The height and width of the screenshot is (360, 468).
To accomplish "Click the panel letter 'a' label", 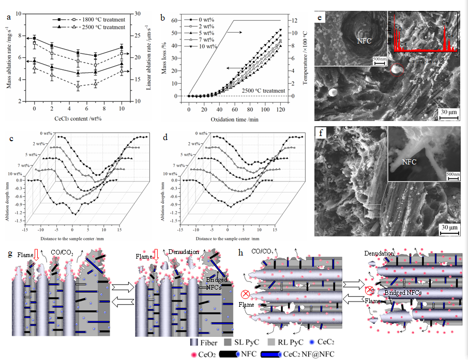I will coord(9,18).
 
